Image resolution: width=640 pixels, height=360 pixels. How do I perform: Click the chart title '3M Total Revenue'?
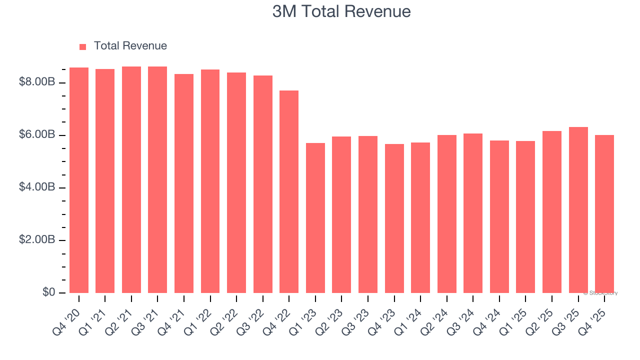point(341,11)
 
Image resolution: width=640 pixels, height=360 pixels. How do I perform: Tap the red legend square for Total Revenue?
point(82,46)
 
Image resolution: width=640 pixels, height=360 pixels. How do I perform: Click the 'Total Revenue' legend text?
point(130,46)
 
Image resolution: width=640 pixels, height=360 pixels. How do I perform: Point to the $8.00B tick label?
point(36,82)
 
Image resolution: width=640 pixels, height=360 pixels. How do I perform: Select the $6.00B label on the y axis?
point(36,135)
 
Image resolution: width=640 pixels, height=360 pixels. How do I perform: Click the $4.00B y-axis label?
point(36,187)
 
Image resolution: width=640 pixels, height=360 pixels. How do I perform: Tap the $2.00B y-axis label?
point(36,240)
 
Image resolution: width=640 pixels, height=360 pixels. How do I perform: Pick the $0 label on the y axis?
point(48,292)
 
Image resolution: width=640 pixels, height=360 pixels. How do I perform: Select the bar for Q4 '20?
point(79,180)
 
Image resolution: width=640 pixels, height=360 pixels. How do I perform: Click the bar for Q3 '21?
point(157,180)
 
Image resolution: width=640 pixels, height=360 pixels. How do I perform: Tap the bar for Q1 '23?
point(315,218)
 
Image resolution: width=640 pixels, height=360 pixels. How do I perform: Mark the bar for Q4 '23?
point(394,218)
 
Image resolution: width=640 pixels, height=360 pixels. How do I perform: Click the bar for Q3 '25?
point(578,210)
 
